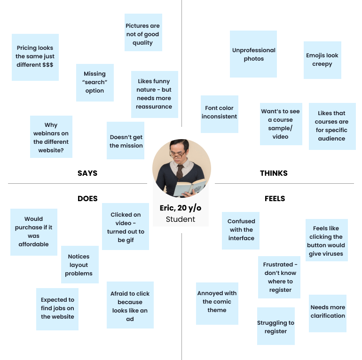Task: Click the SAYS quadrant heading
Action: tap(87, 173)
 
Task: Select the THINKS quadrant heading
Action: tap(274, 173)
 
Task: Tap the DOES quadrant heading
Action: tap(87, 198)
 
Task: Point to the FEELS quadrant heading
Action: tap(275, 198)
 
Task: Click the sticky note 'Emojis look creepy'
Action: tap(322, 60)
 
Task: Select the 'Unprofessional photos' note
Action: tap(253, 54)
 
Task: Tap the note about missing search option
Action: tap(94, 82)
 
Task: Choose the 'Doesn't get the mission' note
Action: tap(126, 141)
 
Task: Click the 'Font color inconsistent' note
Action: tap(219, 113)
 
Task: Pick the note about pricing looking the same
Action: tap(35, 57)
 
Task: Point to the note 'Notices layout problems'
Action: tap(79, 265)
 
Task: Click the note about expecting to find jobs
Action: tap(57, 308)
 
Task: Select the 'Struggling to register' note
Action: tap(275, 326)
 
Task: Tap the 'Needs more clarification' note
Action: tap(328, 312)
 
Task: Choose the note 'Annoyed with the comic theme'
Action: tap(217, 302)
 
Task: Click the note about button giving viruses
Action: tap(326, 240)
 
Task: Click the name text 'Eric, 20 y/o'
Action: tap(181, 208)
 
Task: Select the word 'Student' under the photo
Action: tap(181, 219)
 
